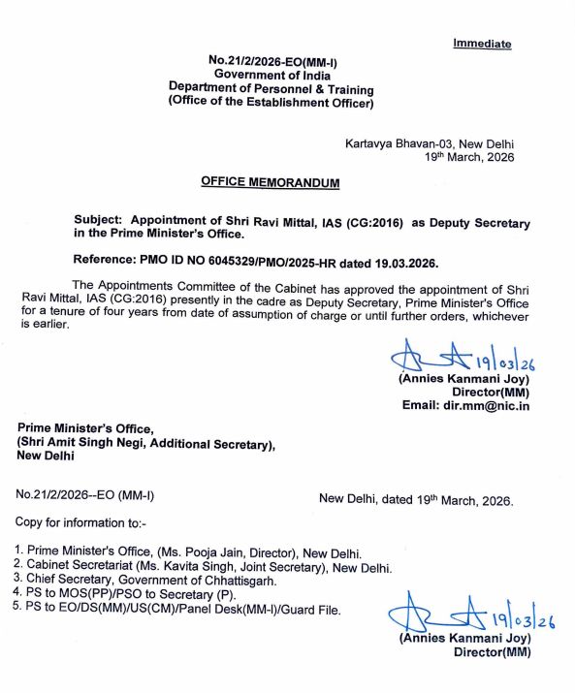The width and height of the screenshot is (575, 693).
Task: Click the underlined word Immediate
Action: coord(482,44)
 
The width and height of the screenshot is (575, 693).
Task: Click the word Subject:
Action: coord(98,221)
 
